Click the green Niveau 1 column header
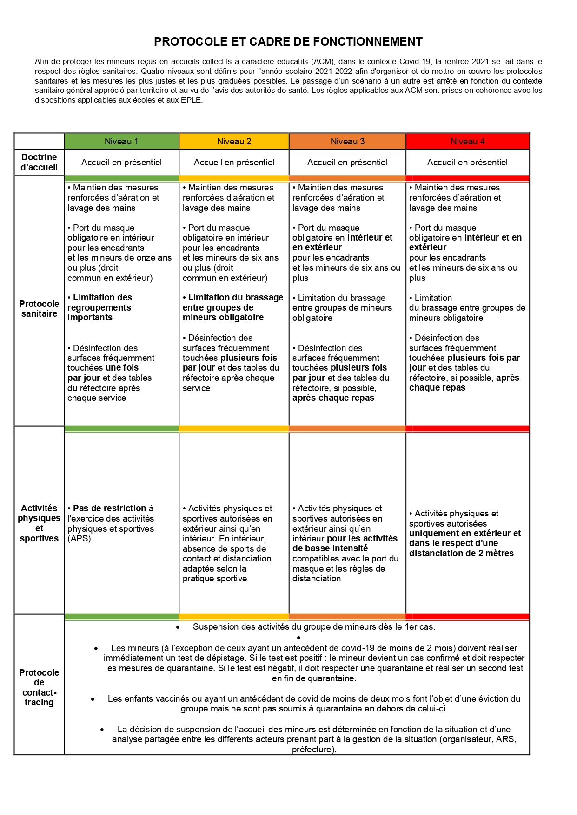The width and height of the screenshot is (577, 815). click(121, 141)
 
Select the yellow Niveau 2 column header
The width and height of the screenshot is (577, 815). click(234, 141)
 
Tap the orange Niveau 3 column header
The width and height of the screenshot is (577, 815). click(347, 141)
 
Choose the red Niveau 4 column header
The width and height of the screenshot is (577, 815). click(467, 141)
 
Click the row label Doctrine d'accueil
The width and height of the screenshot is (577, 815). click(39, 162)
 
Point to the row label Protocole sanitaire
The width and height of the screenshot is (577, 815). click(39, 308)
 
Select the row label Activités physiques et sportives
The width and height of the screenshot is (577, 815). click(39, 523)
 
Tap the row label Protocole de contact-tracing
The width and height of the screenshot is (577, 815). click(39, 687)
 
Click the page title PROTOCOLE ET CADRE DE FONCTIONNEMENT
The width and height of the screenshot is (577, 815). click(288, 42)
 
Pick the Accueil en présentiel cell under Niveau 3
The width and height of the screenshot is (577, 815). click(347, 162)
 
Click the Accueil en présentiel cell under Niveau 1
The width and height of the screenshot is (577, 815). click(121, 162)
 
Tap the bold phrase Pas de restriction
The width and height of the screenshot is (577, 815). click(109, 508)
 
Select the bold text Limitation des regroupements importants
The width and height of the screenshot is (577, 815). click(99, 307)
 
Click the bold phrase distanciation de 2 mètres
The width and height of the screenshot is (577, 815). click(461, 553)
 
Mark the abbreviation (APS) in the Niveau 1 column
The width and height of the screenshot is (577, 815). click(79, 538)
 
